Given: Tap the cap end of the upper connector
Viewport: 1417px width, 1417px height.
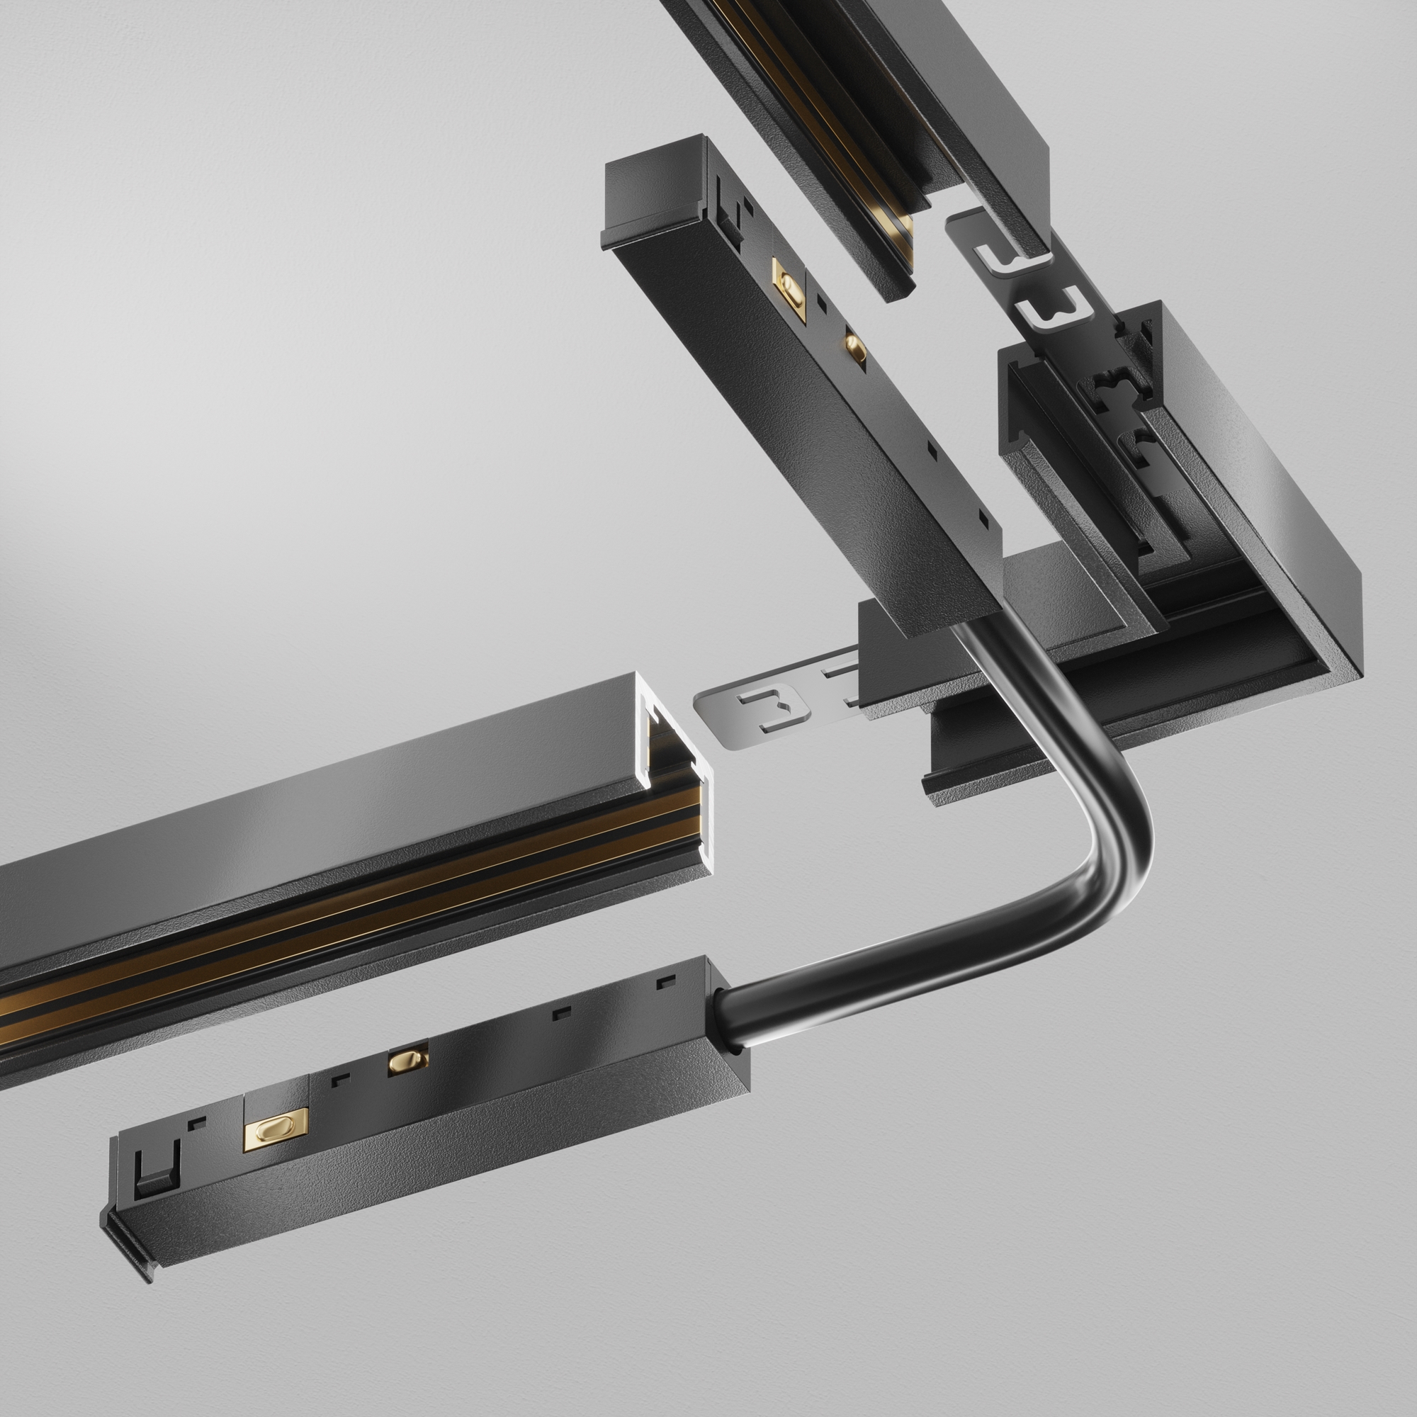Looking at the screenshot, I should (x=653, y=191).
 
